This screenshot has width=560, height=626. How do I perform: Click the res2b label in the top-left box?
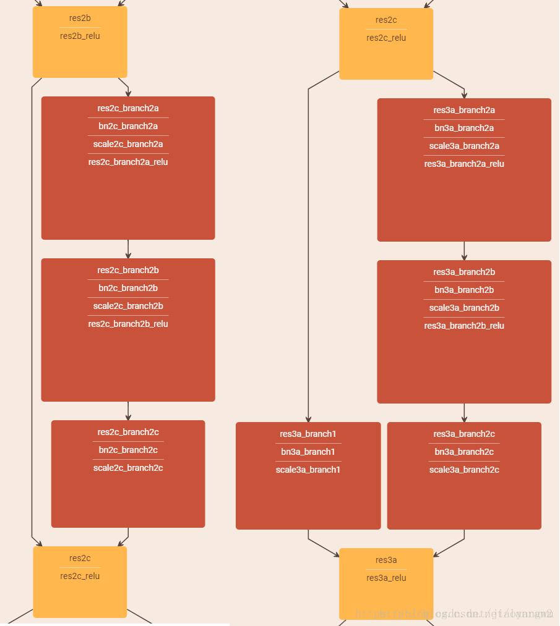(80, 18)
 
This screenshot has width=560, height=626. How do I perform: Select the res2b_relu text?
(80, 36)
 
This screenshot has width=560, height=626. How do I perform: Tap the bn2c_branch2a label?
(128, 126)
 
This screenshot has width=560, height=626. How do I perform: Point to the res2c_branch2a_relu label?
(128, 162)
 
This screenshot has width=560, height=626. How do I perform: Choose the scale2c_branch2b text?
(128, 306)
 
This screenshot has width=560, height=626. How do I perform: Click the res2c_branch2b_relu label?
(128, 324)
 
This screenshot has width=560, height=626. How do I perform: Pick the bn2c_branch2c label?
(128, 450)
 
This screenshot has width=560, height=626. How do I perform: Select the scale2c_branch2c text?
(128, 468)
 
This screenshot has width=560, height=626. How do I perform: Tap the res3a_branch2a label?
(464, 110)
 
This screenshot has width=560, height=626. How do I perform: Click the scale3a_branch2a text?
(464, 146)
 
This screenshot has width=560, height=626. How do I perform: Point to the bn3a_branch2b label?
(464, 290)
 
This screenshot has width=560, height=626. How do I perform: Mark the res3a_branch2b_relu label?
(464, 326)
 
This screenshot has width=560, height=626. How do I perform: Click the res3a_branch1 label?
(308, 434)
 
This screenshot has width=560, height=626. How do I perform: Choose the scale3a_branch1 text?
(308, 470)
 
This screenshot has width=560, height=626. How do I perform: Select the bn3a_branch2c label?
(464, 452)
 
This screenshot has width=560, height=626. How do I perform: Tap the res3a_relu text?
(386, 578)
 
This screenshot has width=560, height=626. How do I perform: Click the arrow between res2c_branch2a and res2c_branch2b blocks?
(128, 249)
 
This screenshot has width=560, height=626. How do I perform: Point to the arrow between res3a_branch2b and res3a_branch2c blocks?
(464, 413)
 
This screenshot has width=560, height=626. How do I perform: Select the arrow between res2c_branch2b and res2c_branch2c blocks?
(128, 411)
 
